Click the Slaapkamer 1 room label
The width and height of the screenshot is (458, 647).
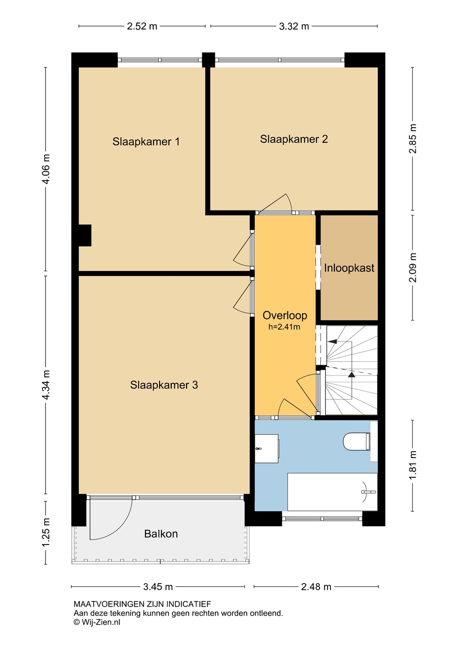[146, 142]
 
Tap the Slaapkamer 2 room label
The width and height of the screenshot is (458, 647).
[294, 139]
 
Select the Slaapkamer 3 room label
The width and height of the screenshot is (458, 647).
[164, 385]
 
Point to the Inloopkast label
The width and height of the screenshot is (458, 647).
[349, 268]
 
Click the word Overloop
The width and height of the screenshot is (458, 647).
[285, 315]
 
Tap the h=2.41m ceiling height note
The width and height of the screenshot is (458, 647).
[285, 327]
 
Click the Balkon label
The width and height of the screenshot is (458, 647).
[161, 534]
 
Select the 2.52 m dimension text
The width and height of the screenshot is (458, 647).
[142, 26]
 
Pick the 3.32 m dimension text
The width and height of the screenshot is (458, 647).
[294, 26]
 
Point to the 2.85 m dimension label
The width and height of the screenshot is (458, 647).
[413, 139]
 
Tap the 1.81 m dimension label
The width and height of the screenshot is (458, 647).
[413, 465]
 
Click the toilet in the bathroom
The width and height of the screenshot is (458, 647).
[357, 441]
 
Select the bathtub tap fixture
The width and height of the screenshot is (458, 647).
[369, 492]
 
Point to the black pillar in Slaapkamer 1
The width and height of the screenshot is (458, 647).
[85, 235]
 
